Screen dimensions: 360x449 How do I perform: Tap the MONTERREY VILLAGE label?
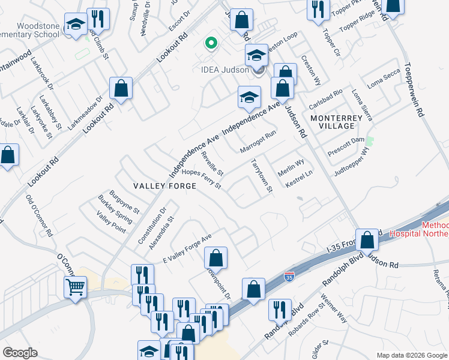[337, 122]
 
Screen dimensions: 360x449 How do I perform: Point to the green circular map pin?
[210, 43]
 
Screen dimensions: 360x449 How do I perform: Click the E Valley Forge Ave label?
[187, 249]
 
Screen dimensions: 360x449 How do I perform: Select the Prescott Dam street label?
[346, 147]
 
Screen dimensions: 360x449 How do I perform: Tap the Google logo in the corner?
[20, 353]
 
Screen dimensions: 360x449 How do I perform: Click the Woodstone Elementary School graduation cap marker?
[76, 25]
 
